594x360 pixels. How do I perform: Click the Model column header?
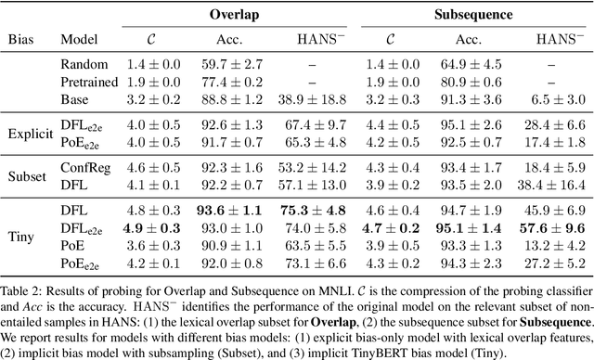(x=79, y=41)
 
